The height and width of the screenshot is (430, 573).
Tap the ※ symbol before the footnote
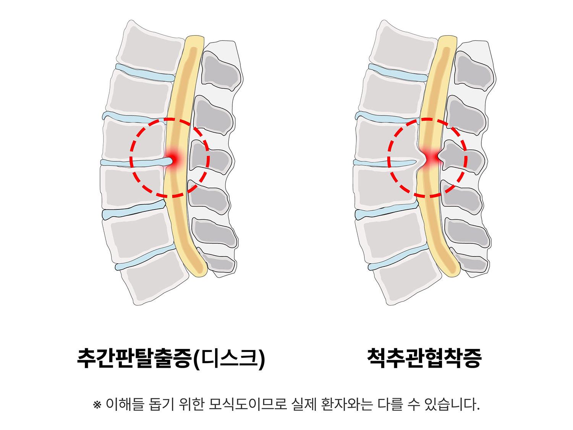point(97,405)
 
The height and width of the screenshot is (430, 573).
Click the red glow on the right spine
point(431,157)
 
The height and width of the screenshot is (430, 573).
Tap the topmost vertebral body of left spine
point(151,47)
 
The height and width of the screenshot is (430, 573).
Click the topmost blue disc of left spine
point(145,72)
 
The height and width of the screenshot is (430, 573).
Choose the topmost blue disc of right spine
point(398,72)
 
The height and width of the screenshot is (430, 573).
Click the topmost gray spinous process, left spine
point(220,70)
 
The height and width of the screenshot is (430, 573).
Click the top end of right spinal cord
point(447,37)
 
